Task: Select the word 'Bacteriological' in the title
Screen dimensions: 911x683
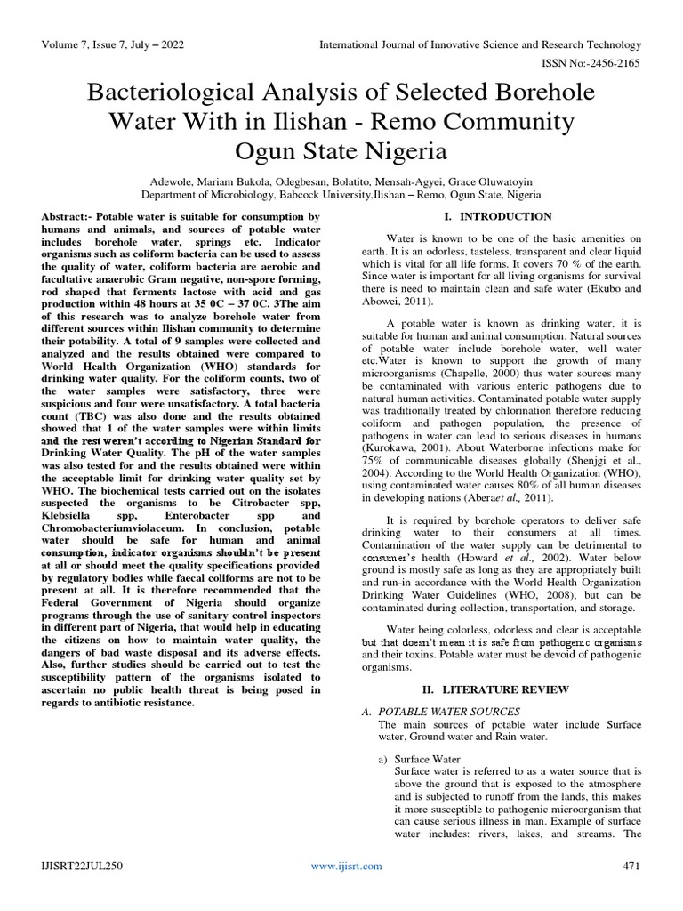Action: [x=179, y=93]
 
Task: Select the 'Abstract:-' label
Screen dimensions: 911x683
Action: [x=67, y=217]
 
